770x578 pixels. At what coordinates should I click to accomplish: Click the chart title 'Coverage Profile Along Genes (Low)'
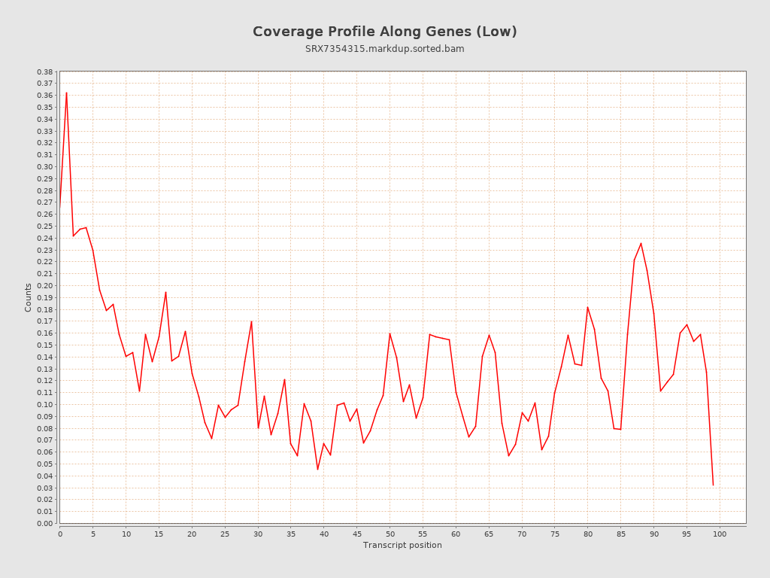click(384, 32)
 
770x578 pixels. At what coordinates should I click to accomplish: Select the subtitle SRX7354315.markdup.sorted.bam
click(384, 49)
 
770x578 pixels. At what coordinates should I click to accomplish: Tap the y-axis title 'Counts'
click(29, 297)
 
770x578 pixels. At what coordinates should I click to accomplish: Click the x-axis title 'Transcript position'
click(402, 545)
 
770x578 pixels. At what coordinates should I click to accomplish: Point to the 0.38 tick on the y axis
click(44, 71)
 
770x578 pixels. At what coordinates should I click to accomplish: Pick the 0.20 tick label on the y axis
click(44, 285)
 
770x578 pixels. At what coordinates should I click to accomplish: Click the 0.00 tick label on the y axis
click(44, 523)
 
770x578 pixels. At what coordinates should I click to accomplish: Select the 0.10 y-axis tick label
click(44, 404)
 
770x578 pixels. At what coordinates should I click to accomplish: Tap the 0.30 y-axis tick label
click(44, 166)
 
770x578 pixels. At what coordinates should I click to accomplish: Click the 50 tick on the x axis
click(390, 534)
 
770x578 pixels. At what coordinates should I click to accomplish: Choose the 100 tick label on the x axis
click(720, 534)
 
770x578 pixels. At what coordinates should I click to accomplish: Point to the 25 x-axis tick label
click(225, 534)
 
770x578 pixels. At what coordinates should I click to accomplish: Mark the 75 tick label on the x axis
click(555, 534)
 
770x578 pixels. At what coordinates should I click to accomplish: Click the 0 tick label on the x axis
click(60, 534)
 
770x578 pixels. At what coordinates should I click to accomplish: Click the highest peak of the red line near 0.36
click(66, 93)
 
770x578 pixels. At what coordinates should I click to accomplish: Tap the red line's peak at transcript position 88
click(641, 243)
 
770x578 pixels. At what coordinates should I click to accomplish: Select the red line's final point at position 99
click(713, 485)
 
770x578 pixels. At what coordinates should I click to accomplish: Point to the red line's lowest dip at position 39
click(317, 470)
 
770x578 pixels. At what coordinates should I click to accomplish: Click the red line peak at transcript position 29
click(251, 321)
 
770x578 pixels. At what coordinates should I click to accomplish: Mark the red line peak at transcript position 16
click(165, 292)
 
